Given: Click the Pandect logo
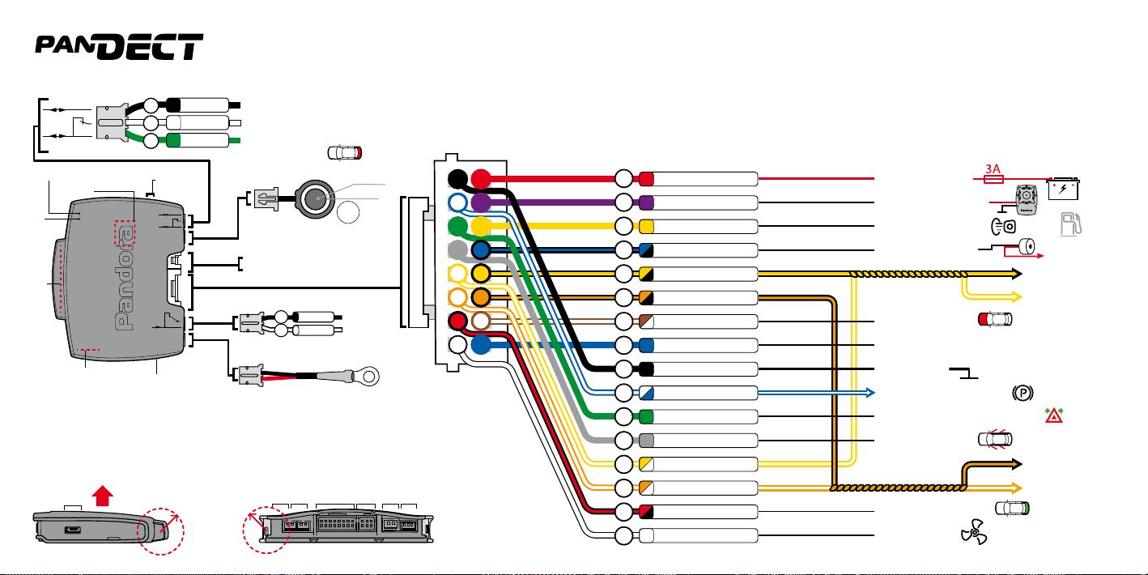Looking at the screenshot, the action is coord(119,47).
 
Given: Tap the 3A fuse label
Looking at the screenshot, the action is coord(993,168).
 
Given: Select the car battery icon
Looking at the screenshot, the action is coord(1064,188).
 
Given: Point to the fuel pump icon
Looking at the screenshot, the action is coord(1070,224).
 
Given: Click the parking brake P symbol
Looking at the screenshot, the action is coord(1023,393).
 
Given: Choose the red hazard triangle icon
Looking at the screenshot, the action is coord(1054,415).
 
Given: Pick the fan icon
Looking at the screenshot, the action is coord(974,531).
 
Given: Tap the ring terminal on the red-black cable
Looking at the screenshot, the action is coord(368,377).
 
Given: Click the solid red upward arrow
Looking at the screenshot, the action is coord(103,496).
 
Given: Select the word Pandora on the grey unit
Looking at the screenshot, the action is coord(125,279).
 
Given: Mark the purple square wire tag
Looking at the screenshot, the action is coord(646,203).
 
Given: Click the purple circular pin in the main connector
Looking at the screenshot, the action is coord(480,203).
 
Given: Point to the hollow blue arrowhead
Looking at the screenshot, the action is coord(870,393).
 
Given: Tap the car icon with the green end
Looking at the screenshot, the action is coord(1012,509).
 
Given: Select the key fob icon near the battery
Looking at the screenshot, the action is coord(1027,200).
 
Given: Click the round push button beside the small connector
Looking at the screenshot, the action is coord(315,199).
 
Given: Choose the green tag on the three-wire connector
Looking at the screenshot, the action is coord(173,140).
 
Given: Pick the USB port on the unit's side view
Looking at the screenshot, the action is coord(72,530).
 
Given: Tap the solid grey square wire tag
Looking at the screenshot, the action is coord(646,441).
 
